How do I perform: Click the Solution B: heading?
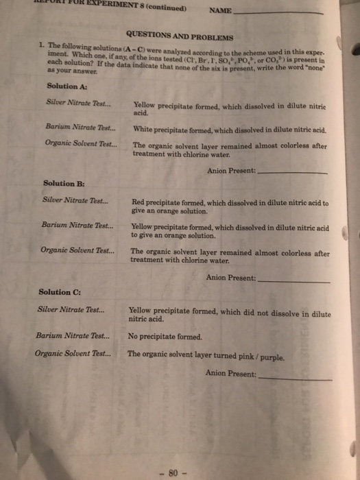(x=63, y=183)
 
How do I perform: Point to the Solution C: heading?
(x=58, y=292)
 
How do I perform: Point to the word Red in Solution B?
(x=137, y=202)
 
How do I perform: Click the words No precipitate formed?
(x=165, y=337)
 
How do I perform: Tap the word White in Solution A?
(x=143, y=129)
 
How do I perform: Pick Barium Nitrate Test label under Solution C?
(x=74, y=336)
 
